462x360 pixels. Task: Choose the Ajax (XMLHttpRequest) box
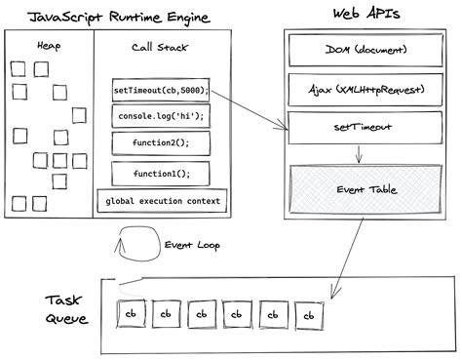(359, 89)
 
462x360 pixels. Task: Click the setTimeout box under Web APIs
(359, 127)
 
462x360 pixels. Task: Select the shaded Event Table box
(359, 191)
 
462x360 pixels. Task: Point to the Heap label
(47, 46)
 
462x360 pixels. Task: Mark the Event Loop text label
(190, 245)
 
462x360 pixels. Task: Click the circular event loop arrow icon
(133, 244)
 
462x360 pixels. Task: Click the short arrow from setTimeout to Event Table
(360, 152)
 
